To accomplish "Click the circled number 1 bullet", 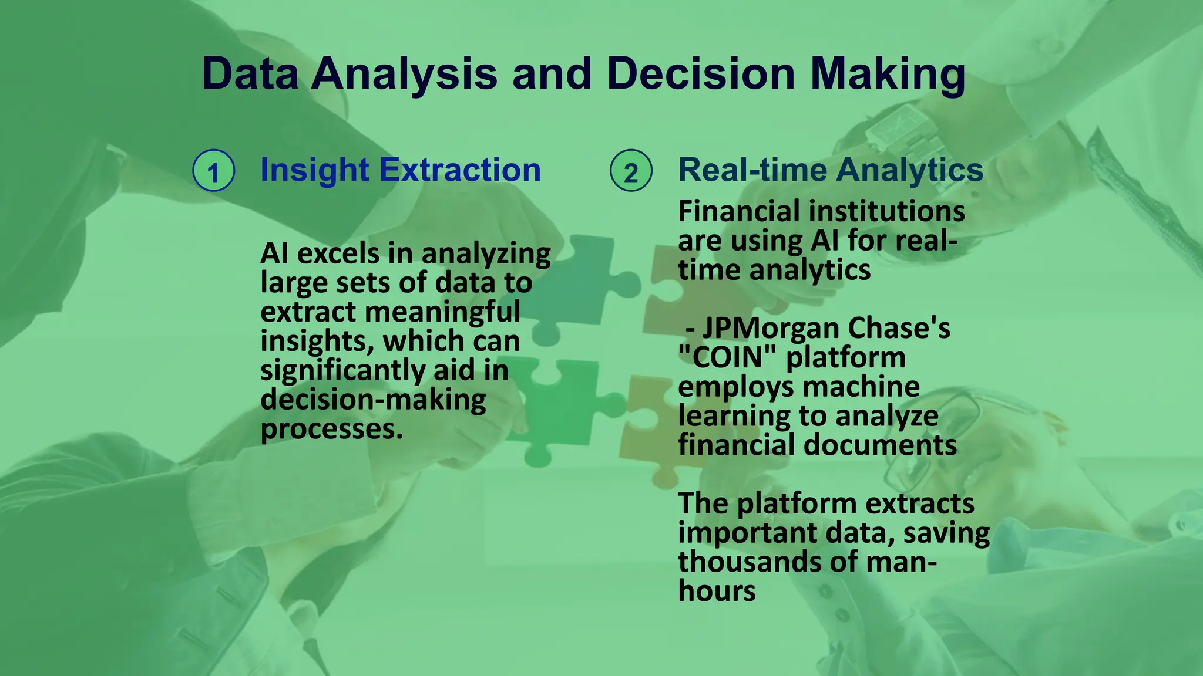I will tap(214, 171).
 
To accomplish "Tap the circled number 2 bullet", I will tap(631, 171).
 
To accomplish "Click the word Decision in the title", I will tap(701, 74).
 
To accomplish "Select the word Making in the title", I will tap(888, 74).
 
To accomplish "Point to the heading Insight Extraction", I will tap(400, 170).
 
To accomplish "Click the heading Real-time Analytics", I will tap(830, 170).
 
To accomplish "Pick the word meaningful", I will tap(442, 312).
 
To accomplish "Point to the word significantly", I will tap(342, 371).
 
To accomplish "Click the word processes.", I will tap(331, 430).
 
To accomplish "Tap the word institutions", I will tap(892, 211).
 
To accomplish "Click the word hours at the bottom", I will tap(717, 591).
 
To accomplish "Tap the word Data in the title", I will tap(250, 74).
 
